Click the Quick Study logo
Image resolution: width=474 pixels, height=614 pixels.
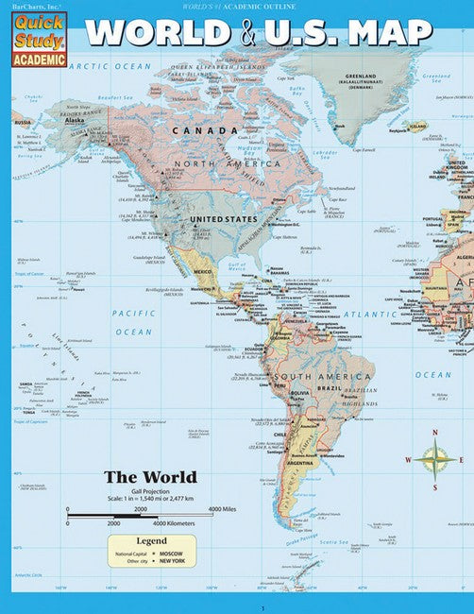38,35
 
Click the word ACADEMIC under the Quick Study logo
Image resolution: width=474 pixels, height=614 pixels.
38,58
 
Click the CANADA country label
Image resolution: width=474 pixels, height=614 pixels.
204,130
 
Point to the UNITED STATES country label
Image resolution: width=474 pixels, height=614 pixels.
223,219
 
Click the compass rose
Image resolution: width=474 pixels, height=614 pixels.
433,460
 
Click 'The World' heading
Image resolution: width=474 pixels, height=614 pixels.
149,476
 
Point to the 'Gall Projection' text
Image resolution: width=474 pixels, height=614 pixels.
149,491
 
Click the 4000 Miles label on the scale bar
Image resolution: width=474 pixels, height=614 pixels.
222,509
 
